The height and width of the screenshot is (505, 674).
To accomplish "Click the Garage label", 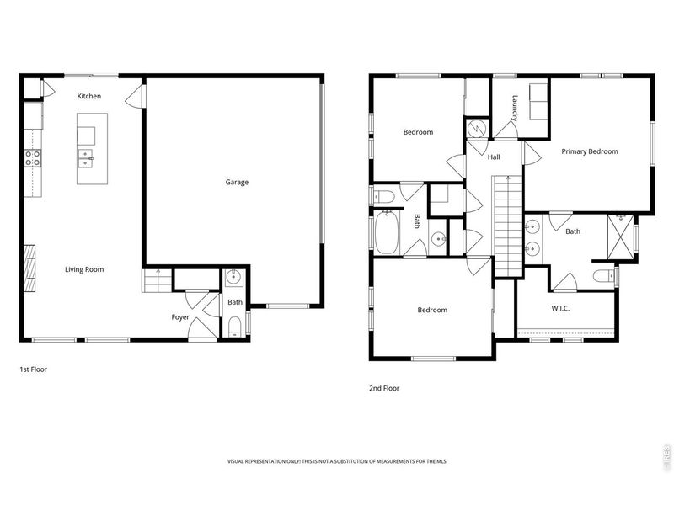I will (x=236, y=182).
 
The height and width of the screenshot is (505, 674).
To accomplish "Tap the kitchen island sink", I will (x=87, y=157).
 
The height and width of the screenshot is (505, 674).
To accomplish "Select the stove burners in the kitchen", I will (x=33, y=157).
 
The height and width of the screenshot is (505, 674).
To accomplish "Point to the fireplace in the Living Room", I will (x=30, y=268).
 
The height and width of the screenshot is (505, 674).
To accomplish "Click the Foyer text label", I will (x=180, y=317).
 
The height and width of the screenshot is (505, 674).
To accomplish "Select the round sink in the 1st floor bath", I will (x=233, y=278).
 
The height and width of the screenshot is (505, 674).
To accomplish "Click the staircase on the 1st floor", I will (x=152, y=280).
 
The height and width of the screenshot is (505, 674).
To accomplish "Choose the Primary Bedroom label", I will (x=590, y=151).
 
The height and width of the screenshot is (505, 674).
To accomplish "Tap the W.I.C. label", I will (x=560, y=308).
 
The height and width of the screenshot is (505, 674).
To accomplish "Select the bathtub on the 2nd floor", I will (x=388, y=233).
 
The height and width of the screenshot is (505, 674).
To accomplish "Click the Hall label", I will (x=494, y=157).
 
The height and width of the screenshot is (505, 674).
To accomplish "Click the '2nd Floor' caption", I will (x=383, y=388).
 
